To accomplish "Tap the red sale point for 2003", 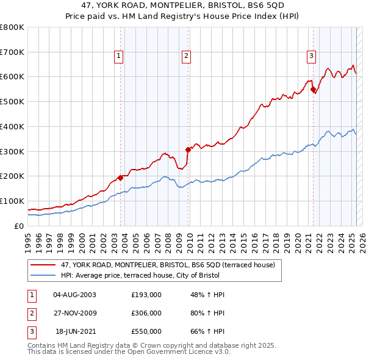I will pyautogui.click(x=120, y=178).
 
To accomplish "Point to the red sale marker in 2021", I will pyautogui.click(x=313, y=89).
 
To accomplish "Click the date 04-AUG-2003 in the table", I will pyautogui.click(x=74, y=295).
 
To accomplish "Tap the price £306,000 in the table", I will pyautogui.click(x=146, y=313).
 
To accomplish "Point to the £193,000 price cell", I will pyautogui.click(x=146, y=295).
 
